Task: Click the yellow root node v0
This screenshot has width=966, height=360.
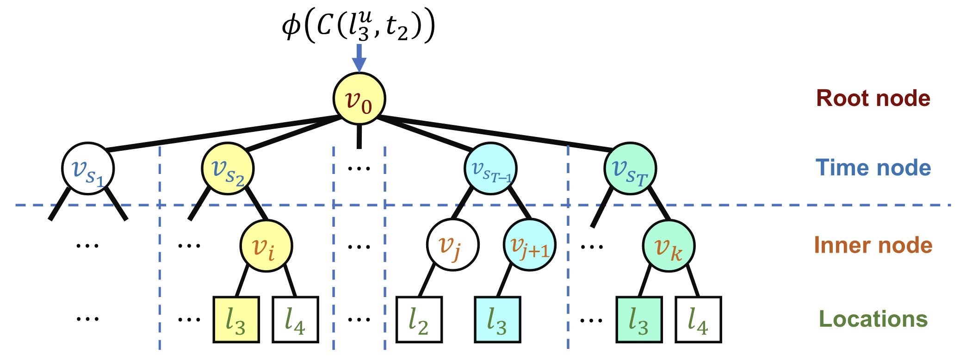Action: [359, 99]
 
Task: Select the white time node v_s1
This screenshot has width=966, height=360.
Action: [88, 169]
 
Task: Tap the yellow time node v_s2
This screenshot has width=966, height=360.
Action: [227, 169]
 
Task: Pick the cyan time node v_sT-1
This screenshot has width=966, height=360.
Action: [490, 169]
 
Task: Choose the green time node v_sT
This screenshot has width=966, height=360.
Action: [630, 169]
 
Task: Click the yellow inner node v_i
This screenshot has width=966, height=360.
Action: [266, 246]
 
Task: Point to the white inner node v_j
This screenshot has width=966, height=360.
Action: [452, 245]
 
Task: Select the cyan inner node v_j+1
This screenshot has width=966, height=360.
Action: [529, 245]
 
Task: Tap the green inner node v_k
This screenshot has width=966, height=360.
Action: [669, 246]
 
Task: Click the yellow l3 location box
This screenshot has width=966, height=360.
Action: [236, 320]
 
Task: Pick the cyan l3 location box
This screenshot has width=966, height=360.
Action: [498, 320]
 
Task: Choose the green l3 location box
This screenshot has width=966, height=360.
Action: [639, 320]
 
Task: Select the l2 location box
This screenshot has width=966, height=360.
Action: [419, 320]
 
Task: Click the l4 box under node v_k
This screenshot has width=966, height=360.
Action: [698, 320]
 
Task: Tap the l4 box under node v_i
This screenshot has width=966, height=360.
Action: [295, 320]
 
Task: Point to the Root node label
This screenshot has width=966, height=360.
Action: [873, 99]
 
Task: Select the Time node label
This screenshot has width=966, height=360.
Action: [873, 168]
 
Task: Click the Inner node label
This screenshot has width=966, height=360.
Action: [873, 245]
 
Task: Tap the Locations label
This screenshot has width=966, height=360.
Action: [873, 319]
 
